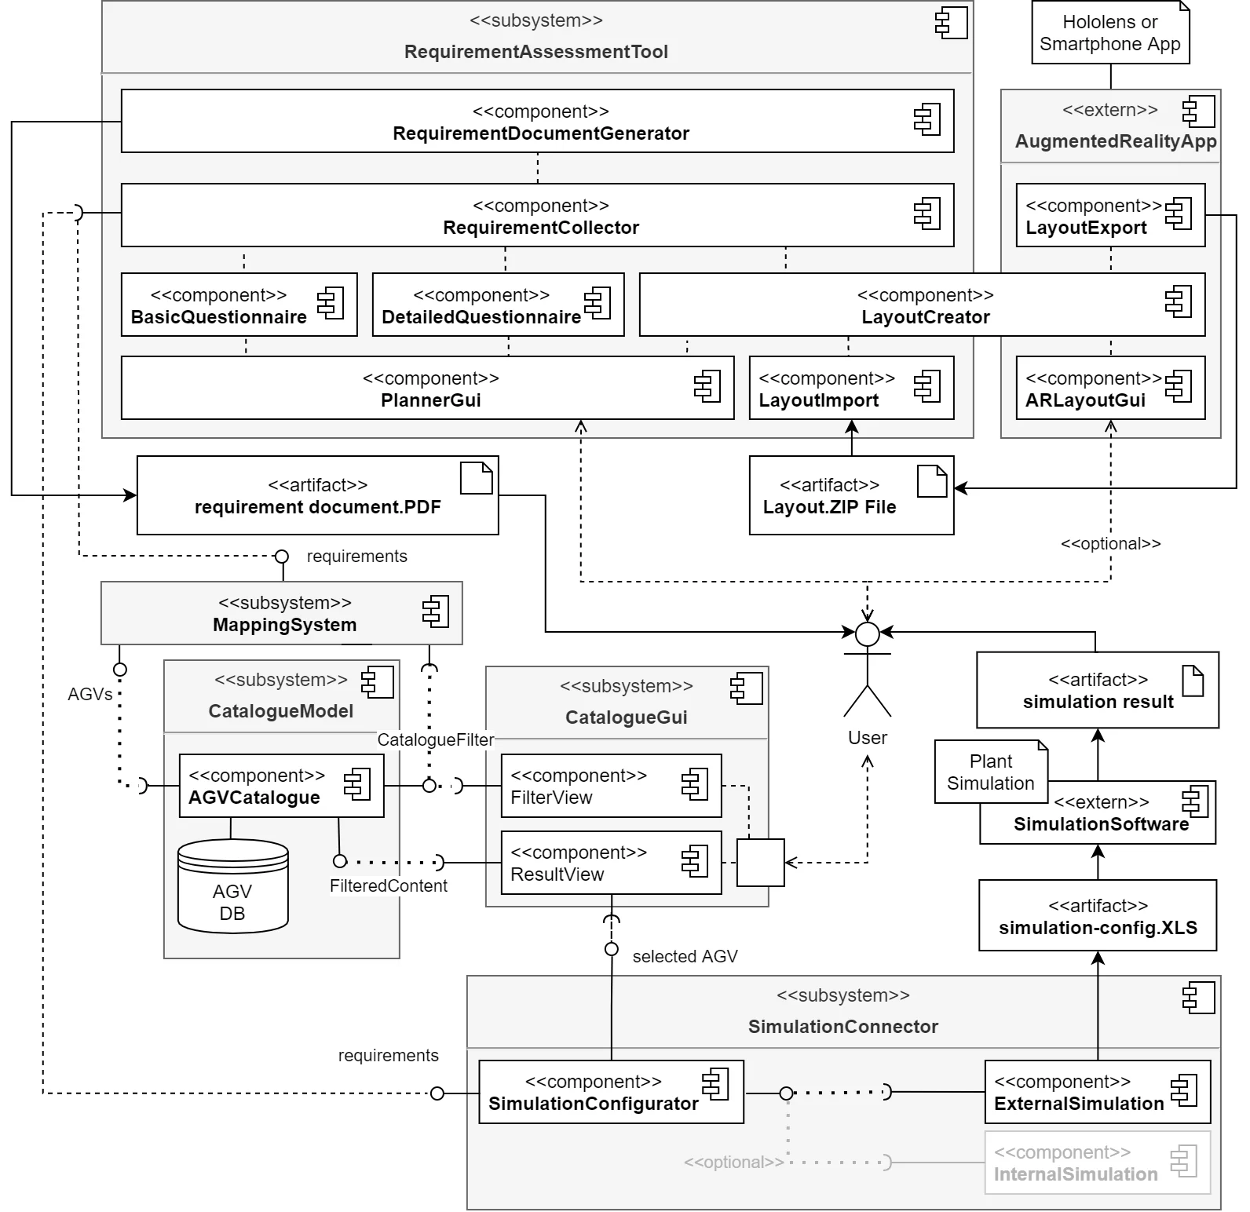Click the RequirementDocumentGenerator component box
[537, 121]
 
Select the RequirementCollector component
[537, 215]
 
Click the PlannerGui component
[427, 388]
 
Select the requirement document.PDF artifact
[317, 495]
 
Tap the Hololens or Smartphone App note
[1110, 33]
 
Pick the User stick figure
[867, 671]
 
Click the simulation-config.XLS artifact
[1097, 916]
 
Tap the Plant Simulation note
[990, 772]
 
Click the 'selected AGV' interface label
[685, 956]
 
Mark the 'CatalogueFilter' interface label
[435, 739]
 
